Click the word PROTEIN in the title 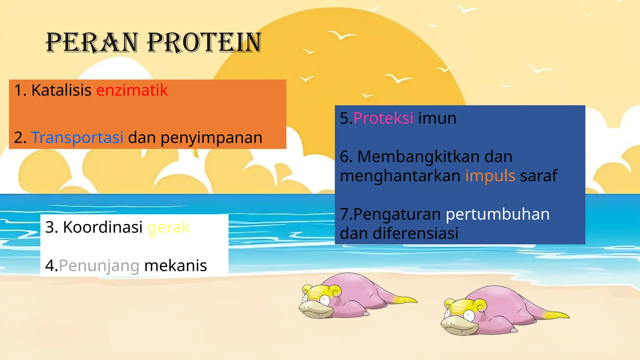coord(204,43)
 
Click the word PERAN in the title coord(92,43)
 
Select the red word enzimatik coord(132,90)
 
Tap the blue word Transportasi coord(77,137)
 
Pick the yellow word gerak coord(168,227)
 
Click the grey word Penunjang coord(99,266)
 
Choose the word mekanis coord(175,266)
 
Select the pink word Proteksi coord(383,118)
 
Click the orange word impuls coord(490,176)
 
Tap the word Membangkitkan coord(418,157)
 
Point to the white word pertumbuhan coord(497,214)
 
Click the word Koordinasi coord(103,227)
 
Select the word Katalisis coord(61,90)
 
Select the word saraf coord(538,176)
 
